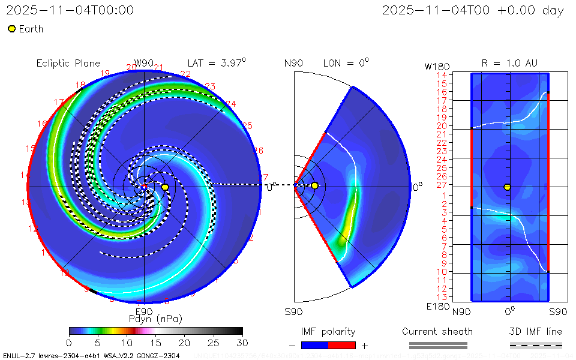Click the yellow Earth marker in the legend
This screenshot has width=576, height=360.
click(x=11, y=29)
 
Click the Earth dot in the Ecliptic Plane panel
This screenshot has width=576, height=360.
click(x=165, y=187)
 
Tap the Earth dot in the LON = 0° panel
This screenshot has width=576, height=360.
click(x=314, y=186)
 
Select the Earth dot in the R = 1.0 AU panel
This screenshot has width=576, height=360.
click(x=507, y=187)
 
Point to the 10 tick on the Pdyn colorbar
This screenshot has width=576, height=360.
click(x=127, y=342)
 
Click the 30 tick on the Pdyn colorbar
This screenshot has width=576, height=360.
click(x=242, y=342)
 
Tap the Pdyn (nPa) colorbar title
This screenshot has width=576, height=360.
click(x=155, y=318)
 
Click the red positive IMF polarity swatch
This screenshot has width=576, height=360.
click(x=342, y=345)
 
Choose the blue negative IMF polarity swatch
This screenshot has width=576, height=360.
click(x=314, y=345)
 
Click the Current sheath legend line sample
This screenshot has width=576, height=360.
click(x=438, y=345)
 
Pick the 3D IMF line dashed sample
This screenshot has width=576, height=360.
click(x=536, y=345)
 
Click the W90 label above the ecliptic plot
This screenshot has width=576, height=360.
click(x=144, y=63)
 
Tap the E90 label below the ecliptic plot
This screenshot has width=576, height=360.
click(x=144, y=311)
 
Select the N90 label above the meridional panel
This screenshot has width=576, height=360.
click(x=293, y=63)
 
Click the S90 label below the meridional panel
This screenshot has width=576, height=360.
click(x=293, y=311)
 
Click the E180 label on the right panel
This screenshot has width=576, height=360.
click(x=436, y=307)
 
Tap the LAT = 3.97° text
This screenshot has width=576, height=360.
click(x=217, y=62)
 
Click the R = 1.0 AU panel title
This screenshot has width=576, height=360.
click(x=509, y=63)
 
